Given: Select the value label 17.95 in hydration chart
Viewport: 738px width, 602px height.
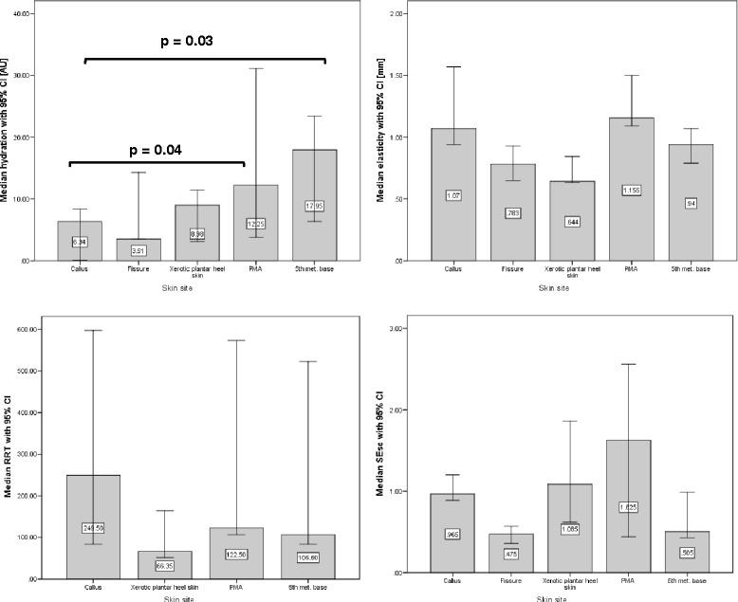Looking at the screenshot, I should point(315,206).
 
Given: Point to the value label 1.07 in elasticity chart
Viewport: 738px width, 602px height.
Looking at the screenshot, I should point(454,195).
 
